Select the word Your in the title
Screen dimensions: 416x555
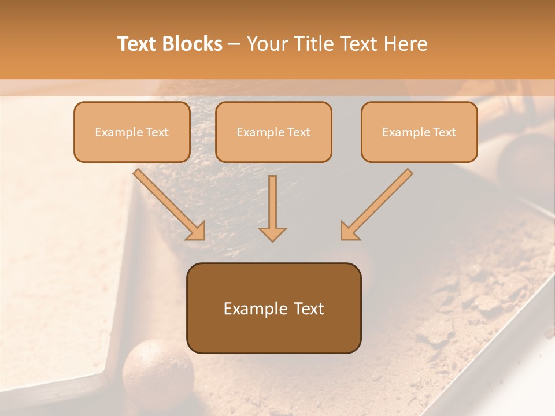(266, 44)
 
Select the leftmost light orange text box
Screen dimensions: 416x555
(132, 132)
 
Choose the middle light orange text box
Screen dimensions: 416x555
(273, 132)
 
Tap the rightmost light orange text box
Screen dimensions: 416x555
(419, 132)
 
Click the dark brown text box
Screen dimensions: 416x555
(273, 309)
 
